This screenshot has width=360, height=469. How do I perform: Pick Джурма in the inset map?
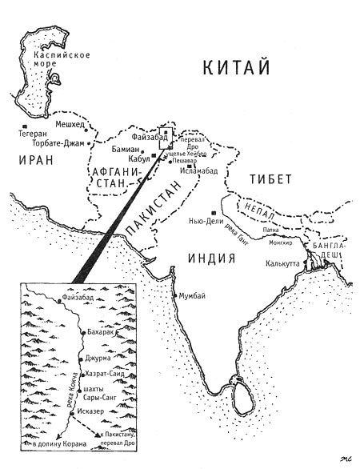pyautogui.click(x=99, y=358)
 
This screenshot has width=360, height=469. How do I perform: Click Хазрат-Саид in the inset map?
pyautogui.click(x=106, y=374)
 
